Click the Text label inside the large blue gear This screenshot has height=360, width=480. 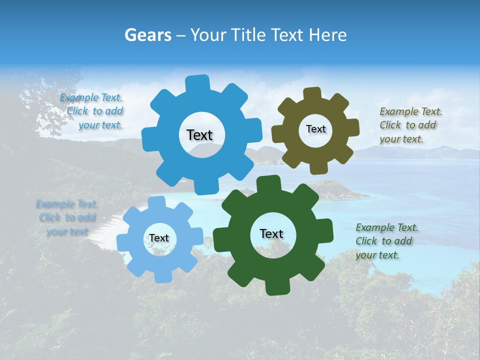199,135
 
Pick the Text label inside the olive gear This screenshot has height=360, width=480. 315,129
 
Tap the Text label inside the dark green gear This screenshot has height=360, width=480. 271,234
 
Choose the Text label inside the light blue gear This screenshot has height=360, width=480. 159,238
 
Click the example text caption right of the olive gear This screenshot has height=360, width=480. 408,125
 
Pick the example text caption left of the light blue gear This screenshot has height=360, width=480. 67,217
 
